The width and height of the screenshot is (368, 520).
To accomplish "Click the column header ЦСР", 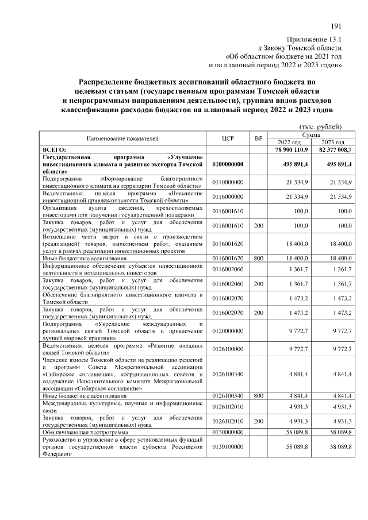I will (x=227, y=138).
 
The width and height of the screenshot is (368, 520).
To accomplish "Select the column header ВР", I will (x=259, y=138).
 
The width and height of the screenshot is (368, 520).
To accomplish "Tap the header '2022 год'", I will (x=289, y=142).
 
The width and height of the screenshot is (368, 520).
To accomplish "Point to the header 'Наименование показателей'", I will (x=122, y=138).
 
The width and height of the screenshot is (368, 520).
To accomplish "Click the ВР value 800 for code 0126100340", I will (x=259, y=396).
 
